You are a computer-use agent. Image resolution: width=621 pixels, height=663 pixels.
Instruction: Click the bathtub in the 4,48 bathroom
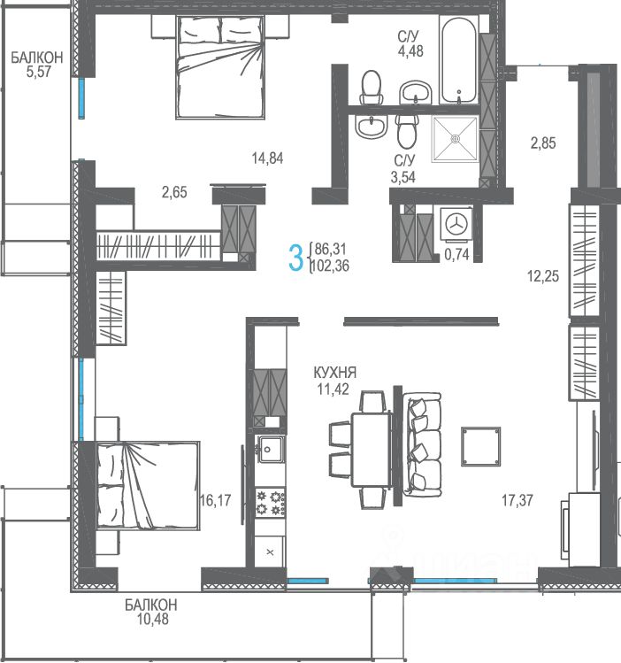tap(458, 59)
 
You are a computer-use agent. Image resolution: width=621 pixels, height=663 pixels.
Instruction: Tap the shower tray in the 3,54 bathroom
tap(455, 139)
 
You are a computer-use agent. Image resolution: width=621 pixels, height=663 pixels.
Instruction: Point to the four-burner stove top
tap(271, 503)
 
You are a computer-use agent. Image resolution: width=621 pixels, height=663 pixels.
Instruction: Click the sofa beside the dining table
tap(422, 445)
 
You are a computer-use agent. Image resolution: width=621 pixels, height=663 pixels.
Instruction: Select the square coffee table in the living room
tap(480, 446)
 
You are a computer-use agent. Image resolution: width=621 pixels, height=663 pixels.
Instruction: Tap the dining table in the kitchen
tap(371, 450)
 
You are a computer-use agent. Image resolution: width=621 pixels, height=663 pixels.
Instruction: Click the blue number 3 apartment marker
tap(295, 258)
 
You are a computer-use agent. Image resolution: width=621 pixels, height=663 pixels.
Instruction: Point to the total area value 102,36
tap(331, 266)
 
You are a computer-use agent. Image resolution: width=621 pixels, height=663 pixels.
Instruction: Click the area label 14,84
tap(267, 158)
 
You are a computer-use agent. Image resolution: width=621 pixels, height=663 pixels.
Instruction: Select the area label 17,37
tap(517, 501)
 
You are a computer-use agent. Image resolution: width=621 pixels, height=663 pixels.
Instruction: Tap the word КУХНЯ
tap(335, 373)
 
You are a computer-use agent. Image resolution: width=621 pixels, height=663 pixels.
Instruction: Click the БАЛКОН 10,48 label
tap(151, 612)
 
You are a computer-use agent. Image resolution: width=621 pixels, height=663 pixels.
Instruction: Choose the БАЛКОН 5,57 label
tap(37, 65)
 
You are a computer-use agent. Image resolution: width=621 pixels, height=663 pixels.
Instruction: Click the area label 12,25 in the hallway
tap(543, 276)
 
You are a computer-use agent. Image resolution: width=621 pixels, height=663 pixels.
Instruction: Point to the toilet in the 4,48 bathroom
tap(372, 87)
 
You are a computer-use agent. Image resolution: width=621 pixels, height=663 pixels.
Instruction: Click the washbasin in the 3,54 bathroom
tap(371, 126)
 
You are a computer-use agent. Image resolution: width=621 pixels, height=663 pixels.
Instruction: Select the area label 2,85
tap(543, 143)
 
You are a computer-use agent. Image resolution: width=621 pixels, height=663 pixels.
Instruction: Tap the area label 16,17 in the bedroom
tap(216, 501)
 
